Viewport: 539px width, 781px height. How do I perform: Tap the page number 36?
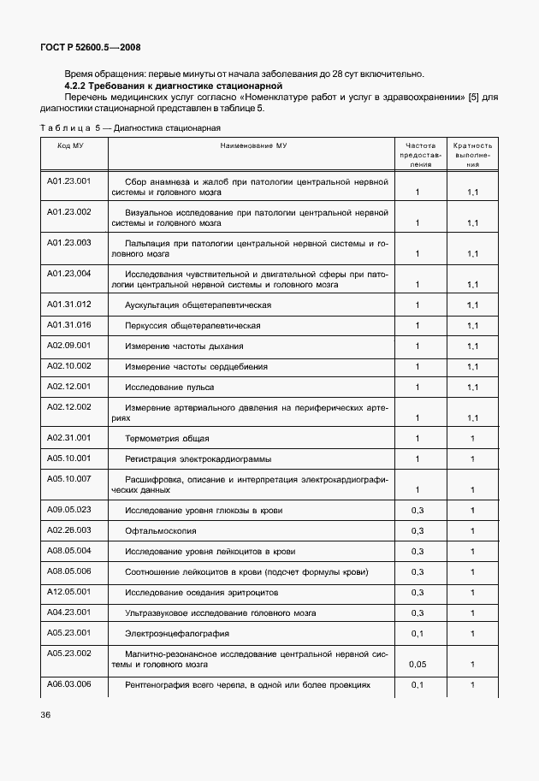(x=44, y=713)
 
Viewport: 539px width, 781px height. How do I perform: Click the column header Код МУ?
(x=70, y=146)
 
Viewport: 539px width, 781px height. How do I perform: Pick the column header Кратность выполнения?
(x=471, y=155)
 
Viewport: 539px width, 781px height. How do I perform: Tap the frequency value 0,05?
(x=417, y=663)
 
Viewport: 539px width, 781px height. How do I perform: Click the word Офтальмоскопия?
(x=157, y=531)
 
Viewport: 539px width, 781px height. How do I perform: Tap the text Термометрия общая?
(x=167, y=439)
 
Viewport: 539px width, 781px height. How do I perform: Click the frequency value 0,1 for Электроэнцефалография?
(x=417, y=634)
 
